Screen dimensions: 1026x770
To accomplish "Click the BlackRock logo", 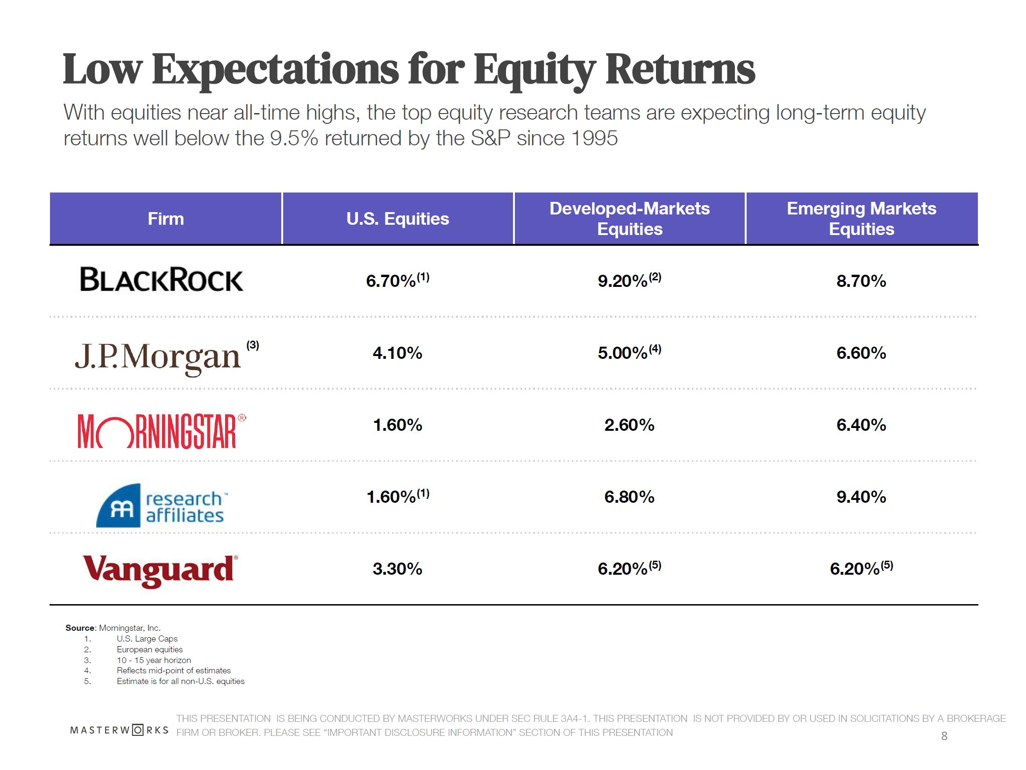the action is click(x=162, y=279).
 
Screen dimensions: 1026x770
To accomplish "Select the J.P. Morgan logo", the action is click(x=158, y=358).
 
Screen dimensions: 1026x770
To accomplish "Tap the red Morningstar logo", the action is click(x=162, y=431).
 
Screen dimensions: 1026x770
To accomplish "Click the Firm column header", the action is click(x=166, y=219).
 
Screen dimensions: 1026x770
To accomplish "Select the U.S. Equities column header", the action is click(x=398, y=219).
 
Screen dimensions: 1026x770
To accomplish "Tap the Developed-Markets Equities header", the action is click(x=629, y=219).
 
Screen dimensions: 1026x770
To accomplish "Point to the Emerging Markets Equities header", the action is click(x=862, y=219).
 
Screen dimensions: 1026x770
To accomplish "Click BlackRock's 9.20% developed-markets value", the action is click(x=629, y=280).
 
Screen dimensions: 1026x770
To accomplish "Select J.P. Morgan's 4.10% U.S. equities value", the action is click(x=398, y=353).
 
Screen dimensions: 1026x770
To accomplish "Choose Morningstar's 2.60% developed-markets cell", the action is click(x=629, y=425).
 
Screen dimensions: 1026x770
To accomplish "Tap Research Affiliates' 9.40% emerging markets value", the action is click(x=861, y=497).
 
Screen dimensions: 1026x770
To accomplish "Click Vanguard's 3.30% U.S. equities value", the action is click(x=398, y=569).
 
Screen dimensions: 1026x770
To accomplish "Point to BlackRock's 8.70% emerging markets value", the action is click(x=861, y=281).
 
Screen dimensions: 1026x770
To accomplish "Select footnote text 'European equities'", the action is click(x=150, y=649).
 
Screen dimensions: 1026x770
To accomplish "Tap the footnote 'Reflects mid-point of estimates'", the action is click(x=174, y=670).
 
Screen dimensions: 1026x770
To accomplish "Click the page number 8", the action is click(x=944, y=736).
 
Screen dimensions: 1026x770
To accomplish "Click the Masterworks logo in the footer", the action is click(x=119, y=730).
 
